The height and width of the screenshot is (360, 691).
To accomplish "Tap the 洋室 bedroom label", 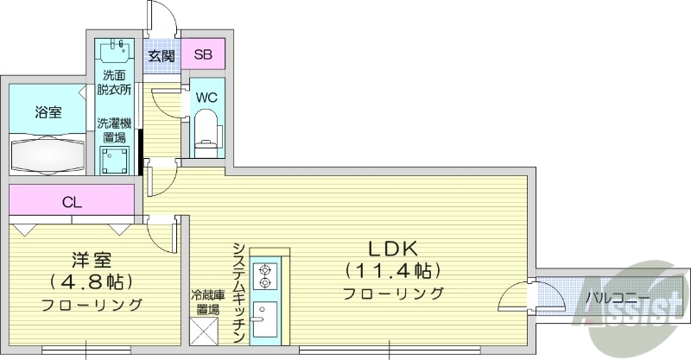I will click(90, 257).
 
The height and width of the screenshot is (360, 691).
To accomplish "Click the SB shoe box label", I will click(203, 55).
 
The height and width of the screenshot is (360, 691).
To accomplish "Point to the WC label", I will click(206, 97).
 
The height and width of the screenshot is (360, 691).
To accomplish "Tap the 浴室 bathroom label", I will click(48, 112).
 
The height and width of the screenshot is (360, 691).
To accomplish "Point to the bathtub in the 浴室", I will click(48, 154).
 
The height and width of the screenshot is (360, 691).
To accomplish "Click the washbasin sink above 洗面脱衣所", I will click(116, 54).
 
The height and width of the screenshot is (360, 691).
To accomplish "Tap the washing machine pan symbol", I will click(115, 161).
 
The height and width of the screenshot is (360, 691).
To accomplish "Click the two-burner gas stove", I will click(264, 275).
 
